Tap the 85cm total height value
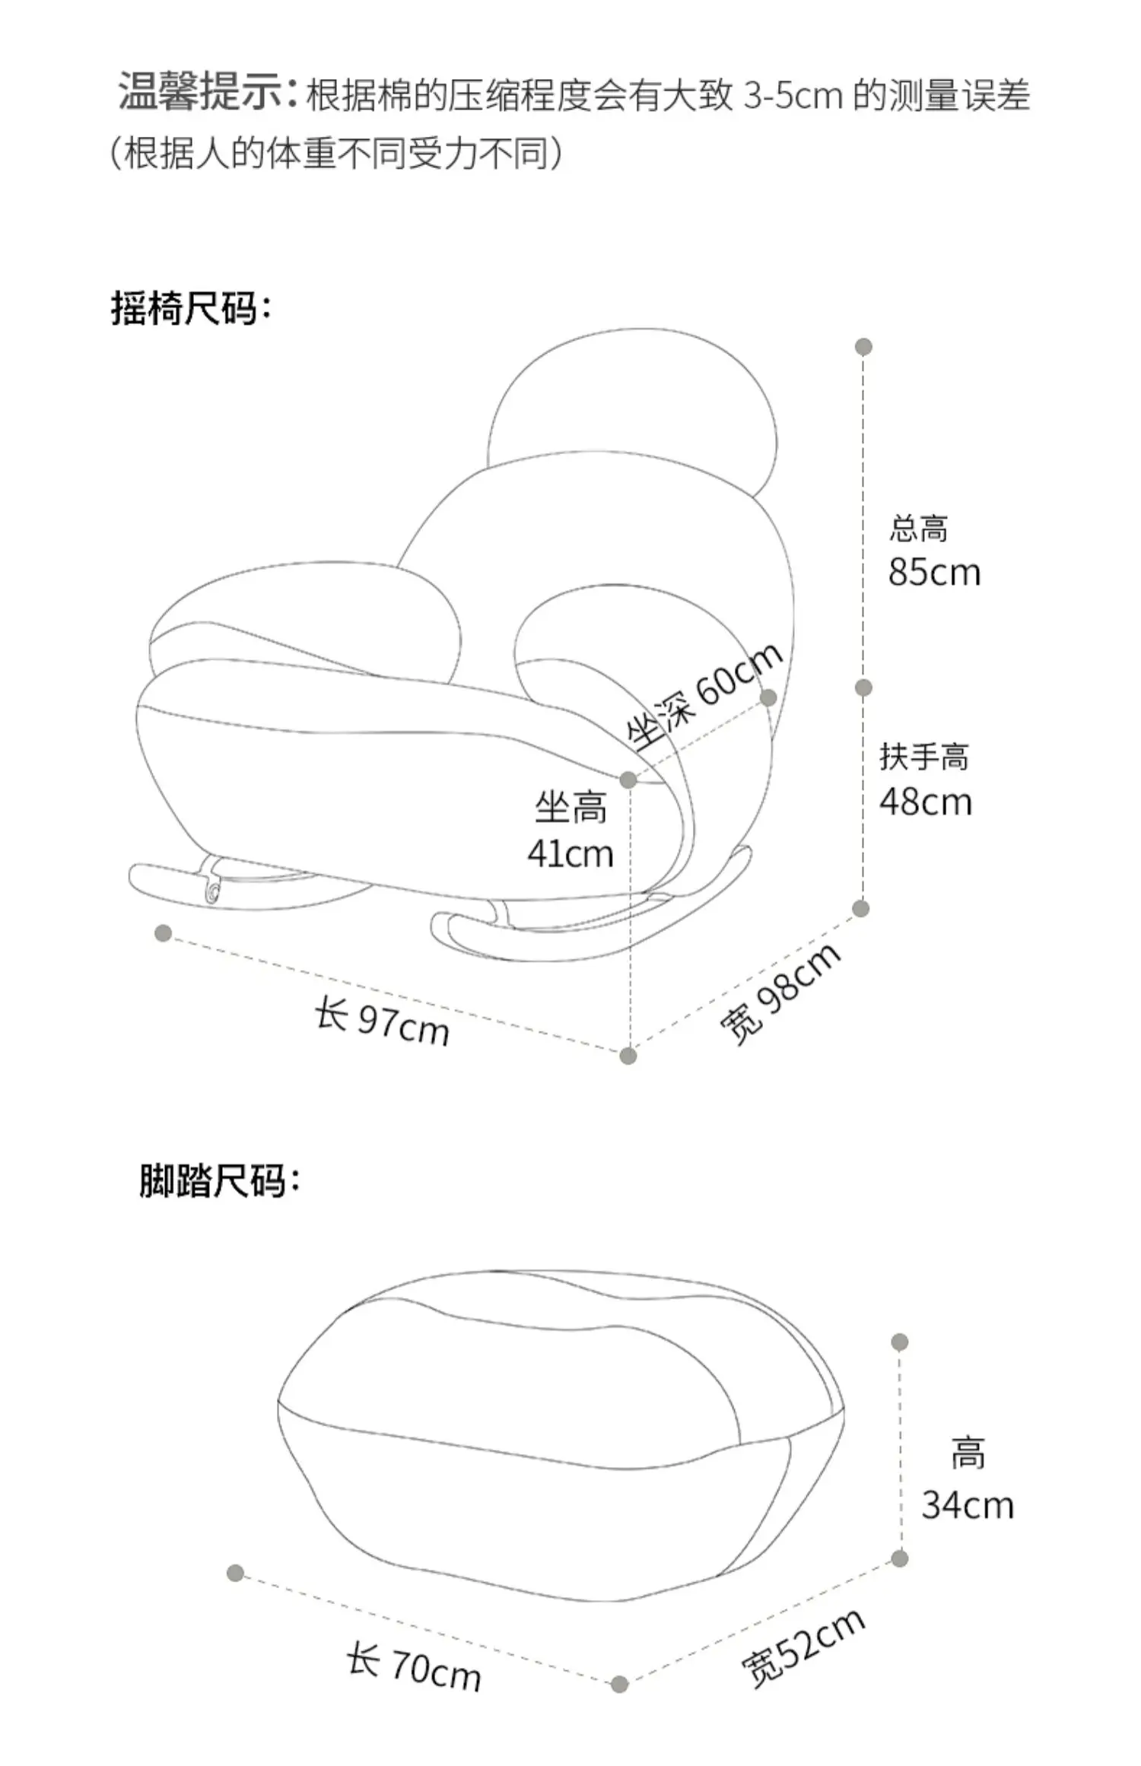pyautogui.click(x=934, y=573)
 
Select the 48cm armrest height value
pyautogui.click(x=926, y=802)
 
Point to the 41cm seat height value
pyautogui.click(x=570, y=854)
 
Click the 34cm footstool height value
pyautogui.click(x=968, y=1505)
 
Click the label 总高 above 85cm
pyautogui.click(x=919, y=529)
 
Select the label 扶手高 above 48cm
pyautogui.click(x=924, y=758)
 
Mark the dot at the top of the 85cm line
pyautogui.click(x=863, y=347)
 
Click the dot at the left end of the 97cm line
pyautogui.click(x=163, y=933)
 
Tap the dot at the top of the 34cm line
pyautogui.click(x=900, y=1342)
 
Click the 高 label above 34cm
pyautogui.click(x=968, y=1453)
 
